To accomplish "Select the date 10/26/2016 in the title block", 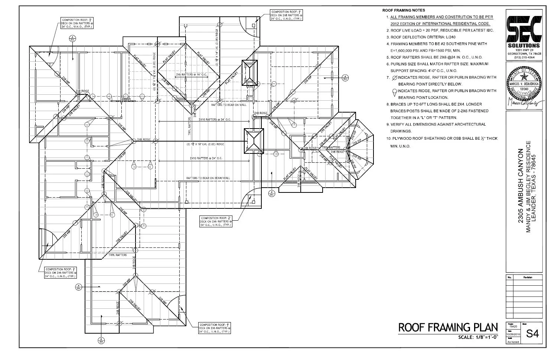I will [x=513, y=334].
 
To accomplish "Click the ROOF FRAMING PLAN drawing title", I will [x=448, y=327].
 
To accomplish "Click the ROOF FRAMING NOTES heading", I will [x=404, y=10].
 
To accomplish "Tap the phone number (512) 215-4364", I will [x=524, y=57].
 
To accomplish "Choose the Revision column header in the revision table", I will [x=528, y=278].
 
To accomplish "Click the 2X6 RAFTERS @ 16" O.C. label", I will [x=191, y=75].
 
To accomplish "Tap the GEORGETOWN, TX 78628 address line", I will [x=524, y=53].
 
